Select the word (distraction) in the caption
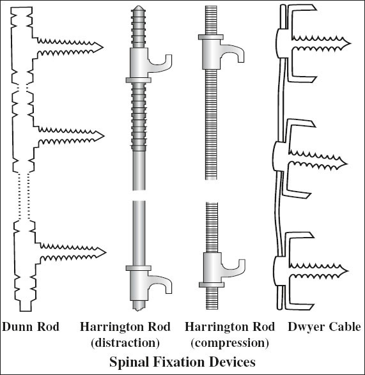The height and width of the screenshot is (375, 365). click(x=125, y=343)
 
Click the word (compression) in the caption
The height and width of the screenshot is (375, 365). click(x=229, y=343)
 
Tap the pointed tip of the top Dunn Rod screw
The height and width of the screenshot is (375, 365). click(x=103, y=47)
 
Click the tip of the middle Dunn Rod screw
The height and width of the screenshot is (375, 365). click(x=104, y=136)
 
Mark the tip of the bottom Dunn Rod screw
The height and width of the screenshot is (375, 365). click(x=105, y=252)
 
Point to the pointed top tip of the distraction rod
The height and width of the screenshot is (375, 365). click(x=138, y=6)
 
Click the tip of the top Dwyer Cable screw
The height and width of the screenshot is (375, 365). click(x=350, y=43)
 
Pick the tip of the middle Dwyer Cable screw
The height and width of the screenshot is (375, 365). click(x=346, y=164)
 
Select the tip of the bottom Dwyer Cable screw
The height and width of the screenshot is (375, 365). click(x=348, y=271)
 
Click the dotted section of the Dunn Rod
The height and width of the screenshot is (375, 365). click(x=24, y=196)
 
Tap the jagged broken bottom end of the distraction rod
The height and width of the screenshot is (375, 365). click(x=138, y=309)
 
